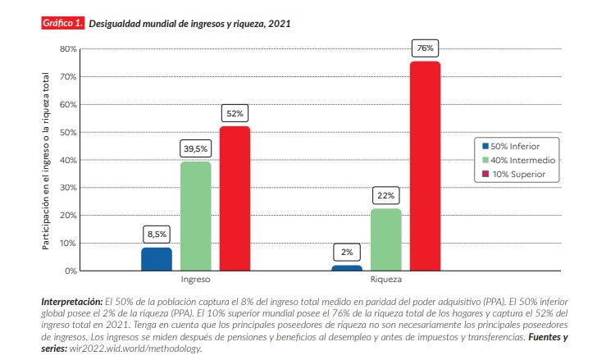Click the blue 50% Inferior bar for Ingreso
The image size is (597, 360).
157,259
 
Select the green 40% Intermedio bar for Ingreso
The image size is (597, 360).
195,216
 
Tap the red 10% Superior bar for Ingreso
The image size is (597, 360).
235,198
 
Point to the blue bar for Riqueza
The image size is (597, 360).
347,267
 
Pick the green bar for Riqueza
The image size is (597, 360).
386,239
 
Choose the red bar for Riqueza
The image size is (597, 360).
425,166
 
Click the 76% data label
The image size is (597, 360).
425,48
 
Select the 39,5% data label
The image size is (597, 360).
195,148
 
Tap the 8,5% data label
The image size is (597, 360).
157,234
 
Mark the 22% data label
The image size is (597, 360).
386,196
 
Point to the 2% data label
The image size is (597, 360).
347,252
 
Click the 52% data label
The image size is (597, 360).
235,113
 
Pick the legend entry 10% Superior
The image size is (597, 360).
518,175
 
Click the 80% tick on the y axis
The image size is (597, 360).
68,49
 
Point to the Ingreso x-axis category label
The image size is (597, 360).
195,280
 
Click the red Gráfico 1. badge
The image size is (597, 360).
62,24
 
